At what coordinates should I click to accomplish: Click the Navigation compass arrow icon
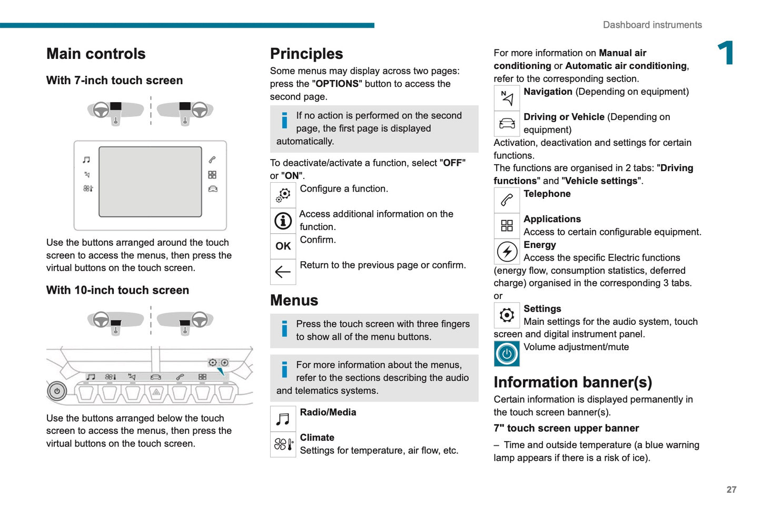(x=507, y=98)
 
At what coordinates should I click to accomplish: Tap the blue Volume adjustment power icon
(x=507, y=354)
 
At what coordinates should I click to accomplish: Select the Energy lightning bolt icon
(x=507, y=252)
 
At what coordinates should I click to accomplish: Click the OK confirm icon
(x=283, y=246)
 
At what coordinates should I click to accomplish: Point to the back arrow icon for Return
(x=283, y=272)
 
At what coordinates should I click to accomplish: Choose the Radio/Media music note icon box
(x=283, y=419)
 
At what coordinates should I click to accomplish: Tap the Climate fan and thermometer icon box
(x=283, y=444)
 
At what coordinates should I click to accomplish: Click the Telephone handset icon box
(x=507, y=200)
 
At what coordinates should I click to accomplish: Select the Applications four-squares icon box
(x=507, y=226)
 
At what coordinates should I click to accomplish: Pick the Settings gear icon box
(x=507, y=315)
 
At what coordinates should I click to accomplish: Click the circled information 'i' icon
(x=283, y=221)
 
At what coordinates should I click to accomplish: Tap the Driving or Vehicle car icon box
(x=507, y=124)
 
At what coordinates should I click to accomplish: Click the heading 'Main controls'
(x=96, y=54)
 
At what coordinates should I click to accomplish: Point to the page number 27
(x=731, y=490)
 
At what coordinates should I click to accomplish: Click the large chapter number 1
(x=726, y=53)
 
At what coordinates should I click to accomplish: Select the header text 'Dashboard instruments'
(x=652, y=25)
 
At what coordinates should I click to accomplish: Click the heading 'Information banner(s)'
(x=572, y=382)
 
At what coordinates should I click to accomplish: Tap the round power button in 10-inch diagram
(x=57, y=391)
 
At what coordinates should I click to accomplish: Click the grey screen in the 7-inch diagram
(x=150, y=182)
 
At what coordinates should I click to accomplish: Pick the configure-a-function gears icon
(x=283, y=195)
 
